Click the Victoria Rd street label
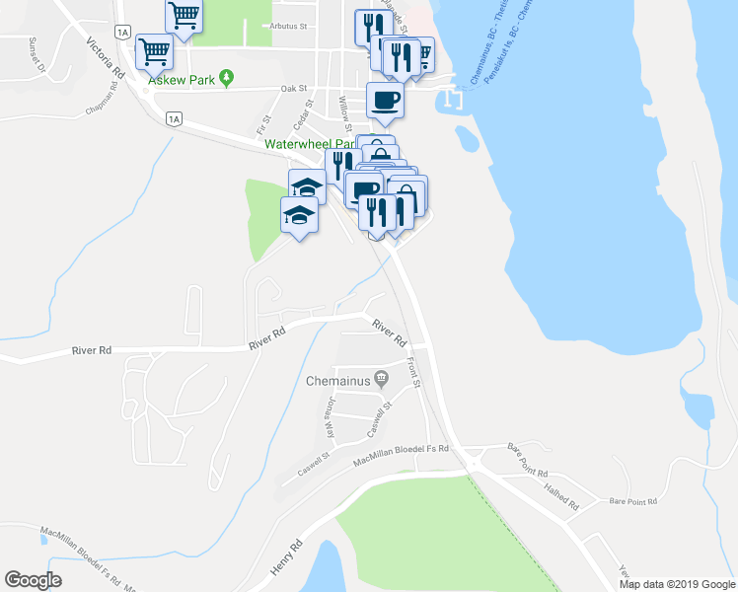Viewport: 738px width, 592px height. (106, 59)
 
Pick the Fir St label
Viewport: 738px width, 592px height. (262, 123)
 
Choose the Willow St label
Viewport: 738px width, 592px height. (345, 113)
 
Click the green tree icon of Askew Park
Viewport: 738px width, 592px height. (227, 76)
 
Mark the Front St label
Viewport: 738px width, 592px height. (415, 372)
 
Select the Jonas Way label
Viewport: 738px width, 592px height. (332, 419)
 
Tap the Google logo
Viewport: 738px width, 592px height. (34, 579)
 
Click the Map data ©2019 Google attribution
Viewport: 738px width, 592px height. (676, 584)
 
